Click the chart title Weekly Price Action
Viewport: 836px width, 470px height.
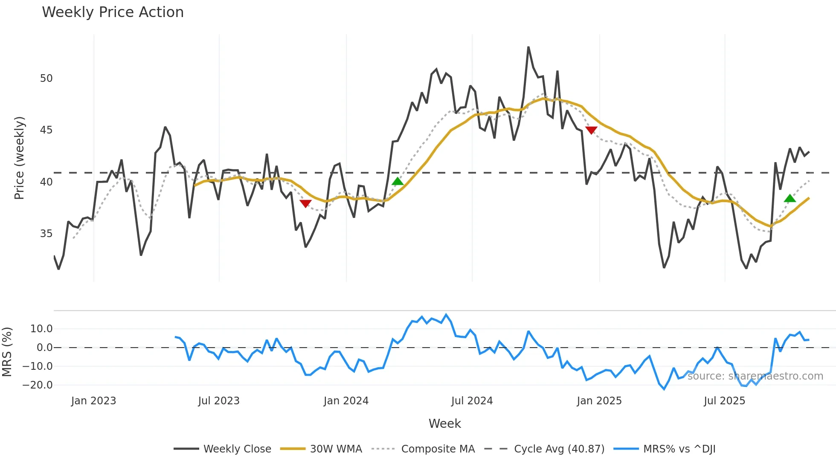pyautogui.click(x=113, y=12)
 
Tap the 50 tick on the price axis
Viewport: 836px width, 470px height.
pyautogui.click(x=46, y=78)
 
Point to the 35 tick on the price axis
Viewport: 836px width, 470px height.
pyautogui.click(x=46, y=234)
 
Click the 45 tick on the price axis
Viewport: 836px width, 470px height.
pyautogui.click(x=46, y=130)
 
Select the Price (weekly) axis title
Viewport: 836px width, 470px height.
pyautogui.click(x=19, y=158)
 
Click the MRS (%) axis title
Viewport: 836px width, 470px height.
pyautogui.click(x=7, y=352)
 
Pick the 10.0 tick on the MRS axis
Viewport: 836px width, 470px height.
pyautogui.click(x=41, y=329)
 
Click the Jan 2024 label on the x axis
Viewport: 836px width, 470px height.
pyautogui.click(x=346, y=401)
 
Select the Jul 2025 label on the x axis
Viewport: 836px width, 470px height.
pyautogui.click(x=724, y=401)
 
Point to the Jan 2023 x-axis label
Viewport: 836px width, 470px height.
pyautogui.click(x=93, y=401)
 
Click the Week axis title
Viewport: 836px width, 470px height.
pyautogui.click(x=444, y=424)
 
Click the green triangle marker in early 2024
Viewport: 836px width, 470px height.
pyautogui.click(x=398, y=182)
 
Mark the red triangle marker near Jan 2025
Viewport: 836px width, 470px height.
pyautogui.click(x=591, y=130)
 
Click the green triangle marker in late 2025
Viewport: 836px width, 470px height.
pyautogui.click(x=790, y=198)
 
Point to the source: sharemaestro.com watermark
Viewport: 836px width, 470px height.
pyautogui.click(x=755, y=376)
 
